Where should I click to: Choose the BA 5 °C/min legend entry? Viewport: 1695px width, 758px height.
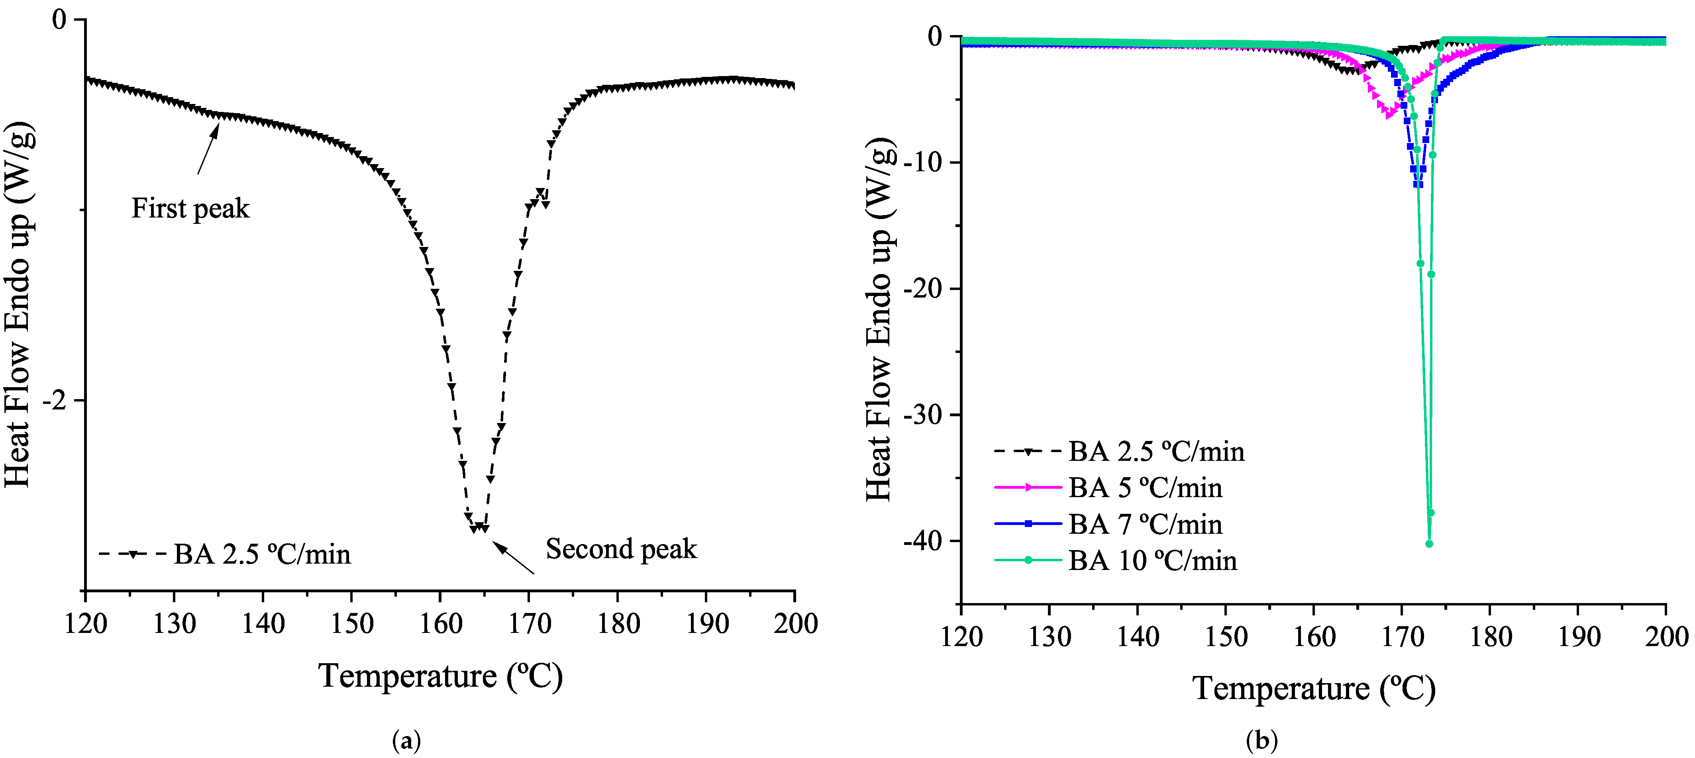(1109, 488)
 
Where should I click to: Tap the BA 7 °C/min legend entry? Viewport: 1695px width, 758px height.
(1109, 525)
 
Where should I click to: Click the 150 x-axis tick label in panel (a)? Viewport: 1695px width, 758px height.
(351, 623)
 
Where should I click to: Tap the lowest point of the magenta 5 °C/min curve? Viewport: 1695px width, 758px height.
(1388, 116)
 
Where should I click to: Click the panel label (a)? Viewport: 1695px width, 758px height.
(406, 741)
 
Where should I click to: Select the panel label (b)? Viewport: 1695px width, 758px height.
(1261, 741)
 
